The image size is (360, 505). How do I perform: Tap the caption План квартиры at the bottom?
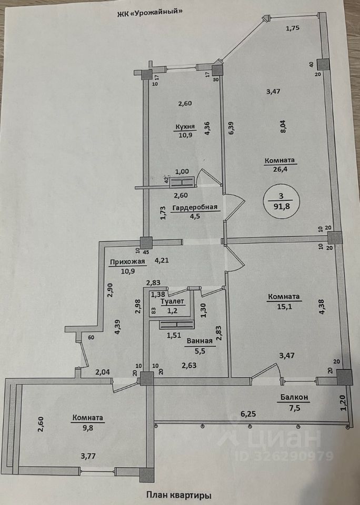(x=179, y=495)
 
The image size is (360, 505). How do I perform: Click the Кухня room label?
(x=185, y=127)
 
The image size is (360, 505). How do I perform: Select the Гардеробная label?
(x=197, y=207)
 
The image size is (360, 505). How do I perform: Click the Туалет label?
(x=173, y=301)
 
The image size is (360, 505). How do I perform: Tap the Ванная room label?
(x=199, y=340)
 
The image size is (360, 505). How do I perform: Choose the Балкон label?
(x=293, y=398)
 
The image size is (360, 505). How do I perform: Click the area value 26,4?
(x=279, y=169)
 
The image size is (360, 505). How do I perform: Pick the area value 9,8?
(x=88, y=428)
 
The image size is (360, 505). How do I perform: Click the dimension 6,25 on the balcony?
(x=249, y=415)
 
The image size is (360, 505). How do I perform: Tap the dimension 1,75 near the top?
(x=293, y=29)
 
